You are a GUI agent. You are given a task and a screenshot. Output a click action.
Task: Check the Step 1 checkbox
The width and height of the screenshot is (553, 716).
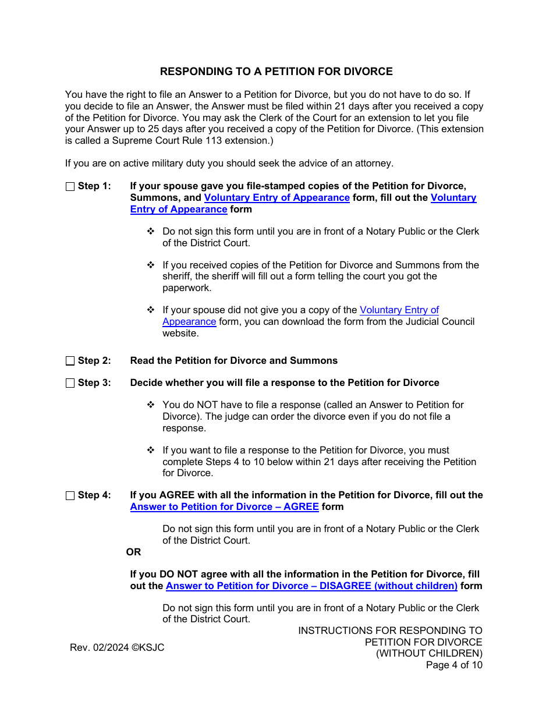tap(70, 187)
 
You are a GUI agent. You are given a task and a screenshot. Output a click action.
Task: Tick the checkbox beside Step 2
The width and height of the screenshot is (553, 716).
tap(70, 361)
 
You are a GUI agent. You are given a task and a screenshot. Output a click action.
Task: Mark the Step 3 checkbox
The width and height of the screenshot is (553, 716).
tap(70, 383)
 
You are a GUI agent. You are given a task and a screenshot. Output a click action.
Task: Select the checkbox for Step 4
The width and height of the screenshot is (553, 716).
tap(70, 496)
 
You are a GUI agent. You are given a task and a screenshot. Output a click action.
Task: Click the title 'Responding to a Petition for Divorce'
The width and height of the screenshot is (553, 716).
tap(276, 72)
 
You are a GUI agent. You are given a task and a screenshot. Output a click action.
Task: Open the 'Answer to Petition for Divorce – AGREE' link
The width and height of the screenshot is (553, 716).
tap(225, 507)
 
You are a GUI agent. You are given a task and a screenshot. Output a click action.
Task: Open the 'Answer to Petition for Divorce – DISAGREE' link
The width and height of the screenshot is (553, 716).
tap(311, 586)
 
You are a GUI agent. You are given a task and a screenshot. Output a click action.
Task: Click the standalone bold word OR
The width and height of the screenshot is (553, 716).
tap(134, 552)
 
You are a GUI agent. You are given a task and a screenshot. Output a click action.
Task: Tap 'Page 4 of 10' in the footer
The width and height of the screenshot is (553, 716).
tap(454, 665)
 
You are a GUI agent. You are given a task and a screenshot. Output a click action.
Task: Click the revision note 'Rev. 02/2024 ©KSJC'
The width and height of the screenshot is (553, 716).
tap(117, 648)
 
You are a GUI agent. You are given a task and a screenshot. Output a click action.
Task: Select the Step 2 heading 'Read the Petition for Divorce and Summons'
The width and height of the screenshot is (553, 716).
tap(234, 361)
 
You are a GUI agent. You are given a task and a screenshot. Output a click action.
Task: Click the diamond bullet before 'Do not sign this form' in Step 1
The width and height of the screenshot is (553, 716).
tap(151, 232)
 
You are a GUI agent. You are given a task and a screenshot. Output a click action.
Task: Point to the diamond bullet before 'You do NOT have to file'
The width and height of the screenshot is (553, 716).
tap(151, 405)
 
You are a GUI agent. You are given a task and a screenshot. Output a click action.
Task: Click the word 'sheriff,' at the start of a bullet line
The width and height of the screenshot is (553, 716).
tap(178, 277)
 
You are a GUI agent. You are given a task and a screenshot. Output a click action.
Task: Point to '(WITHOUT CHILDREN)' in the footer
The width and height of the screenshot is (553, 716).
tap(429, 654)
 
